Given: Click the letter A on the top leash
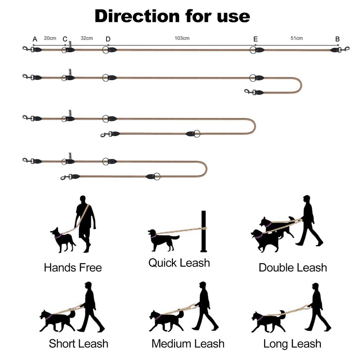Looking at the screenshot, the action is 35,39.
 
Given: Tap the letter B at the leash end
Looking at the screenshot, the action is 337,39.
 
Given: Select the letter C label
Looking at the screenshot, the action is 65,39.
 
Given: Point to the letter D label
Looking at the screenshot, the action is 108,39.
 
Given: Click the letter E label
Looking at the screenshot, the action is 255,39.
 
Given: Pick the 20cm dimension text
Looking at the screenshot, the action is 50,38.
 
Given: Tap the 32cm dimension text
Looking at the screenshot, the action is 86,38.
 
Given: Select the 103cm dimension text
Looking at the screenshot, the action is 182,38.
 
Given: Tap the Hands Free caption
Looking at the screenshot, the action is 73,268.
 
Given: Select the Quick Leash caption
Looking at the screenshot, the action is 179,262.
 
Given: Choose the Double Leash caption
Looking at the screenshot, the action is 292,268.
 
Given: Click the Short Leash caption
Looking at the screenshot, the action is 78,344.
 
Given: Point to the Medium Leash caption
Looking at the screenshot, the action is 188,344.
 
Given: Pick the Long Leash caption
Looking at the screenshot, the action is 292,344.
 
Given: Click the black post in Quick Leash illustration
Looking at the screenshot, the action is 203,232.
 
